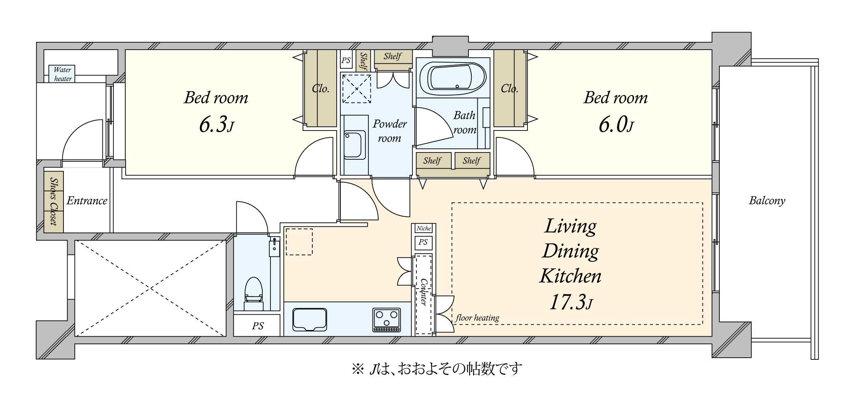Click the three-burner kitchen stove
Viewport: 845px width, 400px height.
(x=386, y=320)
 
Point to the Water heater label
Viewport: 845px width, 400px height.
(x=63, y=74)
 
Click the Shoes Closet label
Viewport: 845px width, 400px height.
(x=53, y=201)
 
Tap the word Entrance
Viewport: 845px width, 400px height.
(x=87, y=200)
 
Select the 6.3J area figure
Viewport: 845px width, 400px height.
(x=216, y=124)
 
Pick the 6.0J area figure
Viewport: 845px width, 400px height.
(x=616, y=124)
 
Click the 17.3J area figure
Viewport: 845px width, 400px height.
(x=571, y=302)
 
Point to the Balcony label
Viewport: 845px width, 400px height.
(x=767, y=200)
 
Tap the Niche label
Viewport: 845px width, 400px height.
(x=423, y=228)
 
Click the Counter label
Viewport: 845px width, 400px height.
(x=423, y=291)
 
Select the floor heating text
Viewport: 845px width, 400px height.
(x=477, y=317)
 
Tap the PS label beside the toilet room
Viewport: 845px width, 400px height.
(x=258, y=326)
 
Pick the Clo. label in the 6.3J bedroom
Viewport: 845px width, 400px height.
(x=320, y=88)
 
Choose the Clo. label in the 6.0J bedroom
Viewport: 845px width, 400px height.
(x=509, y=88)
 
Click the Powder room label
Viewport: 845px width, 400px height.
(x=390, y=131)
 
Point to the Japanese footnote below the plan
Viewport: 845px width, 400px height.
(x=437, y=369)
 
